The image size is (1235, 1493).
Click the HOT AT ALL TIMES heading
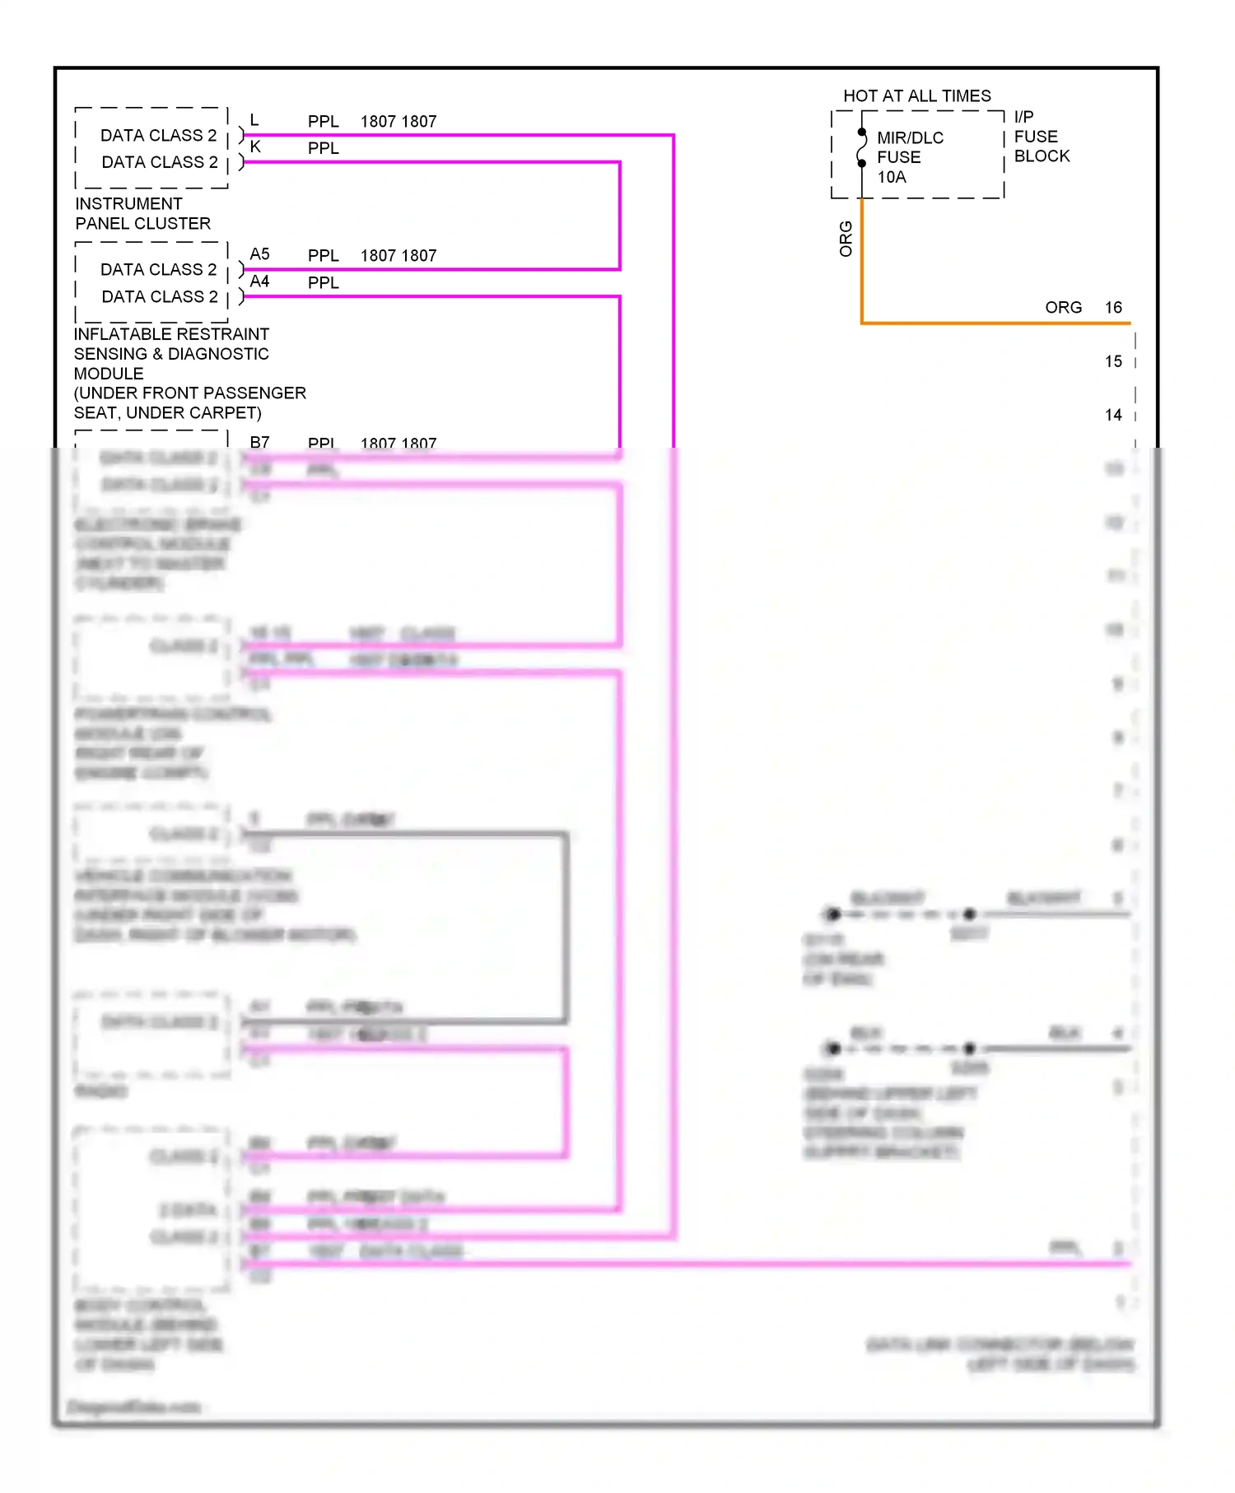916,96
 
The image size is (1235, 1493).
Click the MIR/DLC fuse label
910,138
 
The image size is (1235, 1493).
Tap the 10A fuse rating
892,177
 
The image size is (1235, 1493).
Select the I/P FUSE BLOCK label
1041,137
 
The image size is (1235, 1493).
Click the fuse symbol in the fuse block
862,148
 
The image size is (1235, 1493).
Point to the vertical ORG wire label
846,239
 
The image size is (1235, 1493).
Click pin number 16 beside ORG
1113,308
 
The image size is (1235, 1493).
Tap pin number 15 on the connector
1113,361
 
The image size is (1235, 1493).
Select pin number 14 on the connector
1113,415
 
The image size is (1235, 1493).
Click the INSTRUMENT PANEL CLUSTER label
142,213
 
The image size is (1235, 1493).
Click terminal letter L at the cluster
254,120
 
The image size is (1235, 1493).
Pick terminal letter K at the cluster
255,147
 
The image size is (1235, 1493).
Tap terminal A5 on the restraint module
259,254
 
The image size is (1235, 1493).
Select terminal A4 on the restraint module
259,281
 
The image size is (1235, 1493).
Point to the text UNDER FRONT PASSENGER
190,393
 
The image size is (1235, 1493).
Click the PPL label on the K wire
323,148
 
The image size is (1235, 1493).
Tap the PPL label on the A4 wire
323,282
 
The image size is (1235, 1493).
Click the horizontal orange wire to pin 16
988,323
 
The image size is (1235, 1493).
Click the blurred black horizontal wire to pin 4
1054,1049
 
